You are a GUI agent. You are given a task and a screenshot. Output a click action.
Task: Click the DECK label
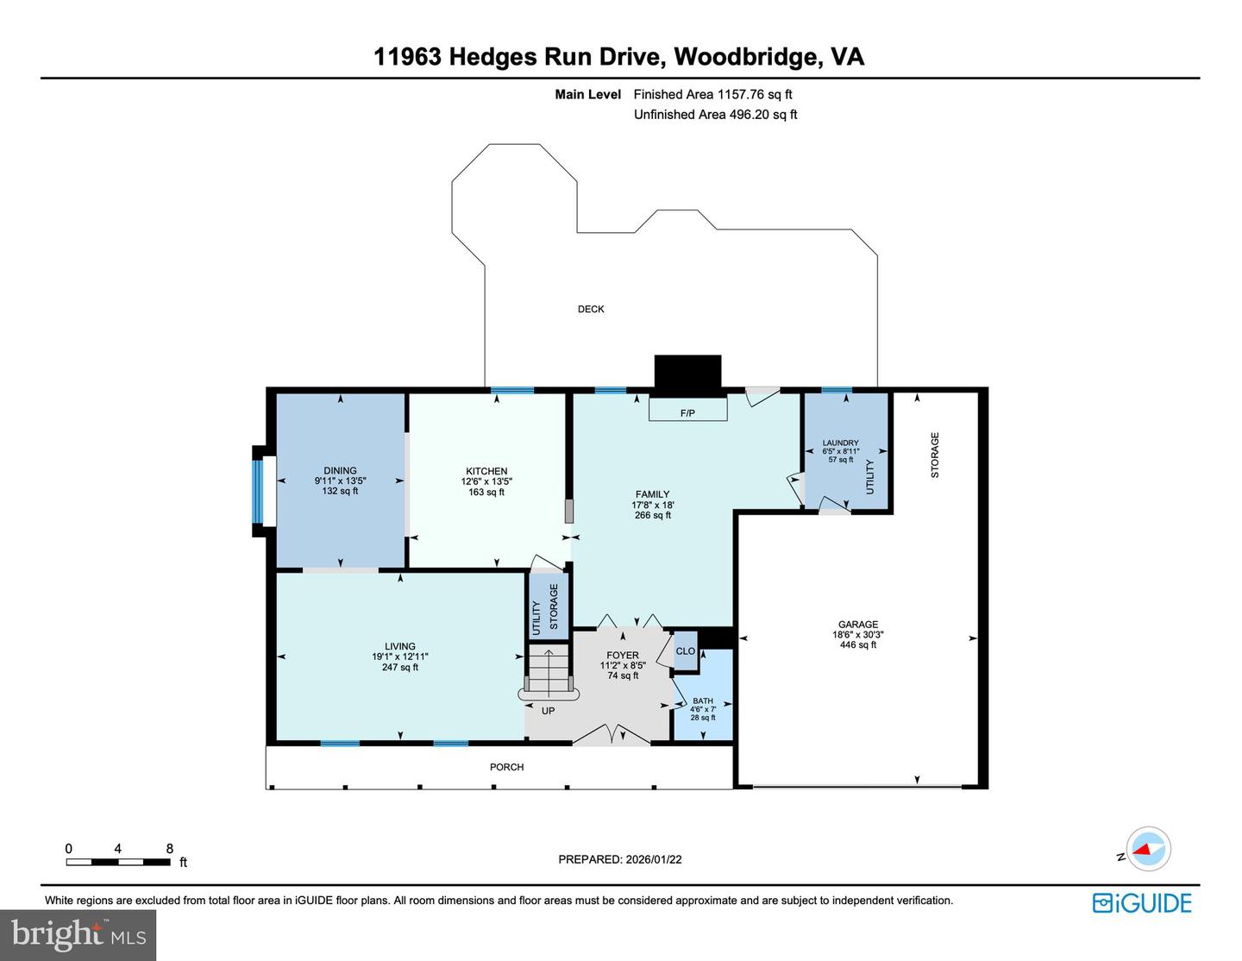click(591, 309)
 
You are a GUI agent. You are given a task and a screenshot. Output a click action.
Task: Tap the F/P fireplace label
click(687, 413)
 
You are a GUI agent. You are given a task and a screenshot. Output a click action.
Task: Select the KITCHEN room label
click(486, 471)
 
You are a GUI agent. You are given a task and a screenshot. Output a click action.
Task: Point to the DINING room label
click(340, 471)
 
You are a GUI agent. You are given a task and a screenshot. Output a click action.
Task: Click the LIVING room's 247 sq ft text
click(400, 667)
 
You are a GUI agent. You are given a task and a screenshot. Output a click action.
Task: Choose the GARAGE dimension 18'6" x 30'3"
click(858, 635)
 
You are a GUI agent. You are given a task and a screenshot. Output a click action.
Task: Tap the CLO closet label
click(686, 651)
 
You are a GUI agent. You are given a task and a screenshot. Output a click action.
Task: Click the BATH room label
click(703, 700)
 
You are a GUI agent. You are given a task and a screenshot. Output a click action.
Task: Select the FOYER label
click(623, 656)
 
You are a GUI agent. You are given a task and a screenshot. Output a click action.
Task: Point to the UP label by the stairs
click(548, 711)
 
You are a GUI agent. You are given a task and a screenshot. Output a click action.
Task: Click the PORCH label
click(507, 767)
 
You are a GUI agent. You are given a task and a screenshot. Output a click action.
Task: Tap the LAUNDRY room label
click(840, 443)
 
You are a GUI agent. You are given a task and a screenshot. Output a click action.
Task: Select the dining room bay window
click(257, 492)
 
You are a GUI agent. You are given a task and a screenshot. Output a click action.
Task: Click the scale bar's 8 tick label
click(170, 849)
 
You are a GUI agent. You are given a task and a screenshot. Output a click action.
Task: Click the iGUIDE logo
click(1142, 903)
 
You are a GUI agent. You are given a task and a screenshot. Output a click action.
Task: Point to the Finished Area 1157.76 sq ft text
click(712, 95)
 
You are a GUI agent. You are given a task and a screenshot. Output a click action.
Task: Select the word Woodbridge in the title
click(747, 57)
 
